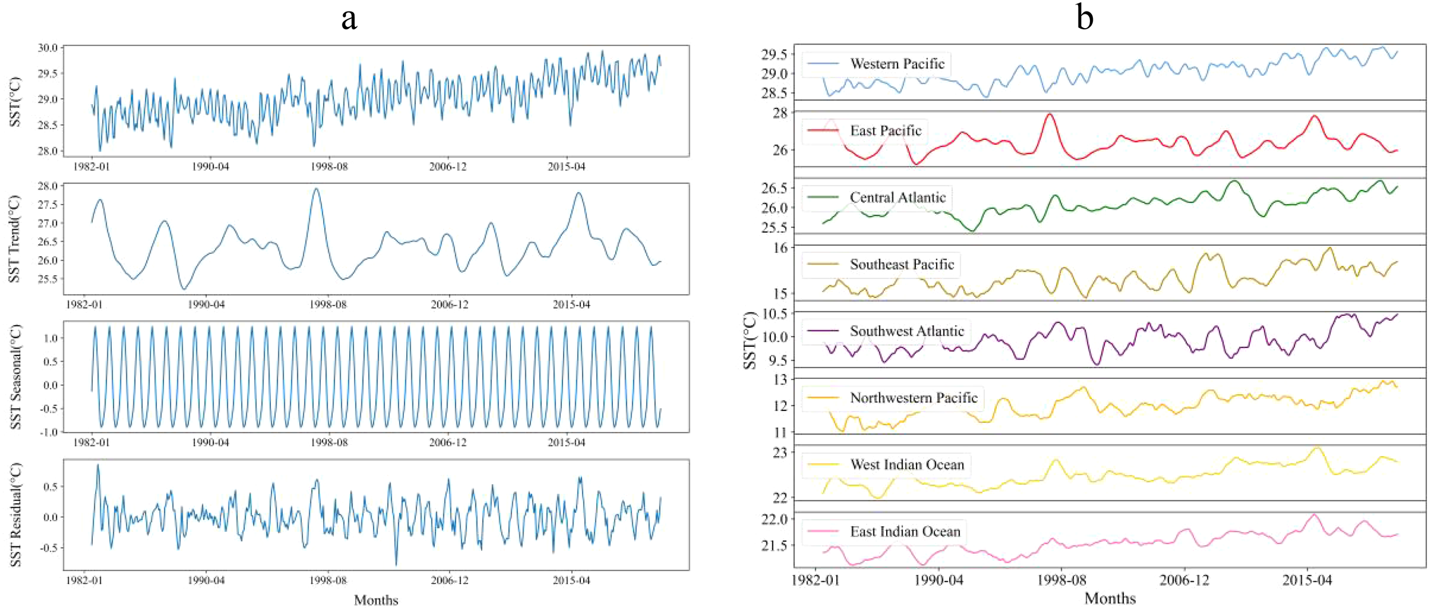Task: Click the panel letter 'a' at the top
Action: point(349,18)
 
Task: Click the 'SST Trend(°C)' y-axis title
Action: point(15,239)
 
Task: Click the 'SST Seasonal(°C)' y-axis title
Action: point(16,377)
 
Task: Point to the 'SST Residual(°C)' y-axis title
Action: point(16,515)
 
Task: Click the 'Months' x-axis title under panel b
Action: point(1110,598)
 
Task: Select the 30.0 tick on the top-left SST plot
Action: point(48,48)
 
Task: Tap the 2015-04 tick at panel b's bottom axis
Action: point(1307,580)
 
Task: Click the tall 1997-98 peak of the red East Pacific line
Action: point(1049,114)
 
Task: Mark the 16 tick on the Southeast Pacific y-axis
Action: point(781,248)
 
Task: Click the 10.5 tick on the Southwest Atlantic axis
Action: point(774,314)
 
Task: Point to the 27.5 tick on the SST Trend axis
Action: point(48,205)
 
